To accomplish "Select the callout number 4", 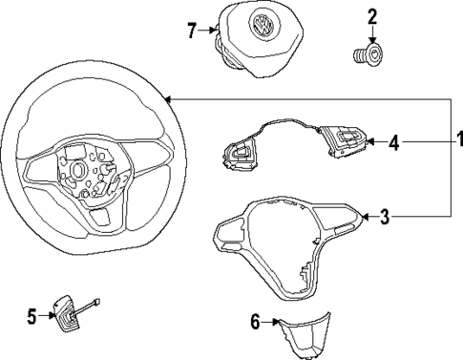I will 392,143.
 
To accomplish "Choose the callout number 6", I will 255,323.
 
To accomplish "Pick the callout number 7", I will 191,31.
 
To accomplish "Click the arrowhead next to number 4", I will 372,143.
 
